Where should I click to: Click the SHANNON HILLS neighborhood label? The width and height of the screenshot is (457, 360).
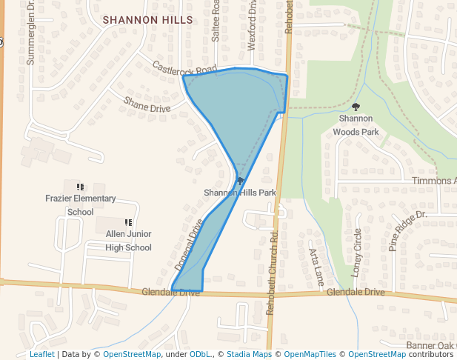click(147, 20)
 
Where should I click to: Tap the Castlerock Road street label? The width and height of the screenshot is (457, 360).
click(184, 68)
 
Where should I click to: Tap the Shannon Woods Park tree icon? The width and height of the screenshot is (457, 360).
click(356, 107)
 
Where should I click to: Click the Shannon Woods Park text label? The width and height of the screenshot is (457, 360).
click(356, 124)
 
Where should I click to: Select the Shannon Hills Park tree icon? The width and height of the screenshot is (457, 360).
click(240, 181)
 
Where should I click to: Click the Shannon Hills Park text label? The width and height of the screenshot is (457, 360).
click(240, 193)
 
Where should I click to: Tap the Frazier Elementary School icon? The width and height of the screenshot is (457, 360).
click(80, 186)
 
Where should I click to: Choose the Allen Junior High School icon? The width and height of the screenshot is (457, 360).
click(128, 221)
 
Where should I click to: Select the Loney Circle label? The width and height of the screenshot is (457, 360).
click(357, 253)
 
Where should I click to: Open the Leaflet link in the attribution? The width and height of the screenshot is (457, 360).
click(41, 354)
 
